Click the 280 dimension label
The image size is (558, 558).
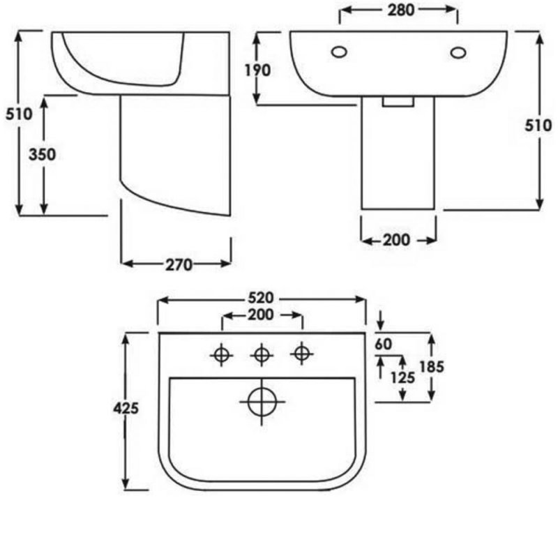tap(400, 10)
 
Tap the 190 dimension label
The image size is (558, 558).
tap(257, 70)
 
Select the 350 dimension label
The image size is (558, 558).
tap(43, 155)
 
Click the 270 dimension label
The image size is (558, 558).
tap(179, 265)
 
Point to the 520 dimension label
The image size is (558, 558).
tap(261, 298)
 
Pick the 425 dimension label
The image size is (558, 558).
tap(126, 408)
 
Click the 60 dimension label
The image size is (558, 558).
tap(383, 344)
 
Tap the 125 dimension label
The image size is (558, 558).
tap(403, 377)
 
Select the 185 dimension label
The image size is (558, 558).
tap(432, 367)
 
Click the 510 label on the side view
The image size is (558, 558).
tap(19, 114)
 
